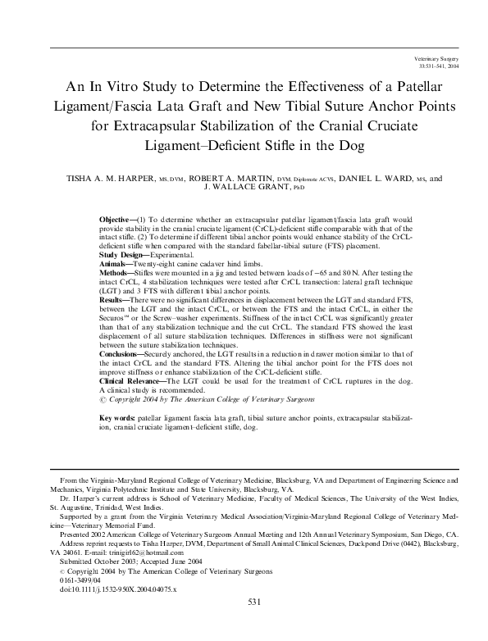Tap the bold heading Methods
[x=114, y=273]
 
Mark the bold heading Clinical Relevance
[x=130, y=381]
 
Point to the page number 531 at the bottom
[x=253, y=625]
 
